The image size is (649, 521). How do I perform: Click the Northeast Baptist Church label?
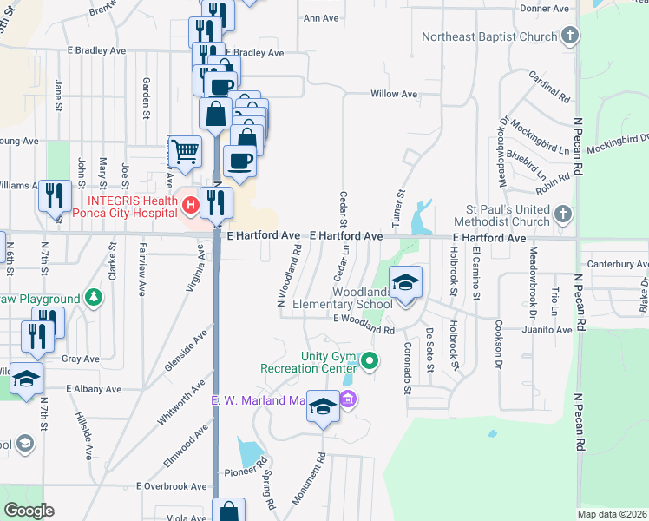point(489,36)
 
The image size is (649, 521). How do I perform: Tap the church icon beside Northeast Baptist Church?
point(569,36)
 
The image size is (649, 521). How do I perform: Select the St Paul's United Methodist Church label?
point(508,215)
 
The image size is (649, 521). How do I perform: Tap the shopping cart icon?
point(186,151)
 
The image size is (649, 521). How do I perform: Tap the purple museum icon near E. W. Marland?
point(348,399)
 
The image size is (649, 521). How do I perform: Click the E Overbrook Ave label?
point(169,486)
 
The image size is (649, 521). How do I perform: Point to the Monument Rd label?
point(308,479)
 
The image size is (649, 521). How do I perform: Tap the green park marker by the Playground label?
point(92,299)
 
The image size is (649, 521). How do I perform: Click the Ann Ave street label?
point(320,17)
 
